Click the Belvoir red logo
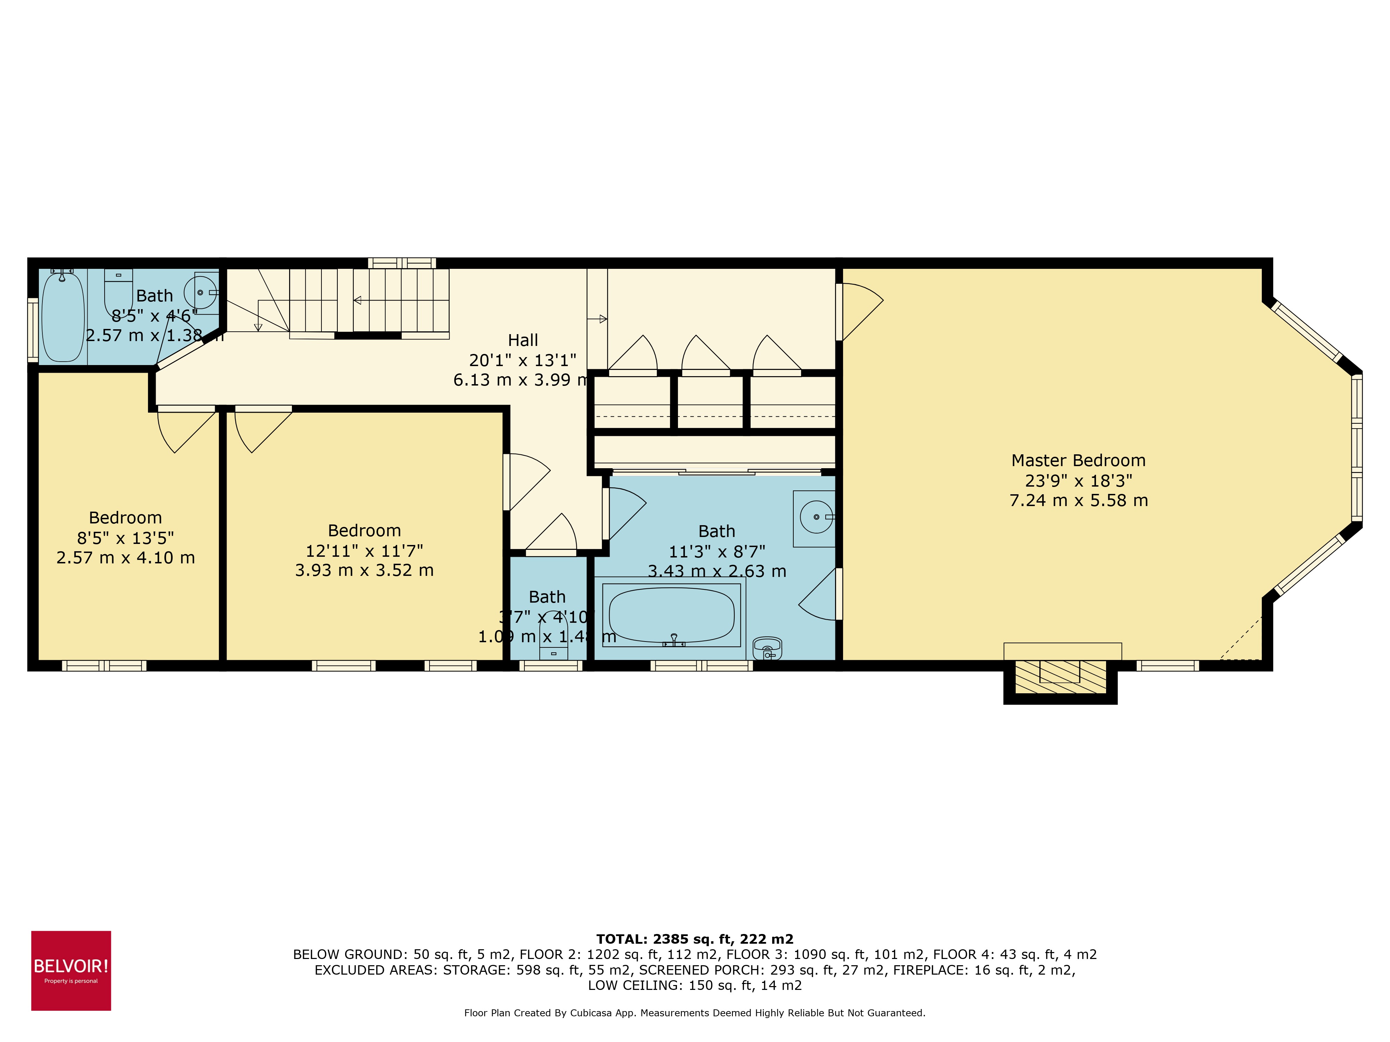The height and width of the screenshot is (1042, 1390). coord(71,970)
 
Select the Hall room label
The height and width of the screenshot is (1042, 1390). coord(523,340)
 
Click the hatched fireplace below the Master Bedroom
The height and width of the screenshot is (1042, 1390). coord(1060,678)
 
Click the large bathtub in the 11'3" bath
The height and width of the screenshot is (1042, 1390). coord(671,615)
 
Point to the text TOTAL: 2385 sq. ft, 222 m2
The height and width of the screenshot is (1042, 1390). coord(694,939)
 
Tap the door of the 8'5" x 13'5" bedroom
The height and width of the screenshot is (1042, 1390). coord(185,430)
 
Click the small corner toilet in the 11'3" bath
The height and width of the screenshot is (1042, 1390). coord(767,648)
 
